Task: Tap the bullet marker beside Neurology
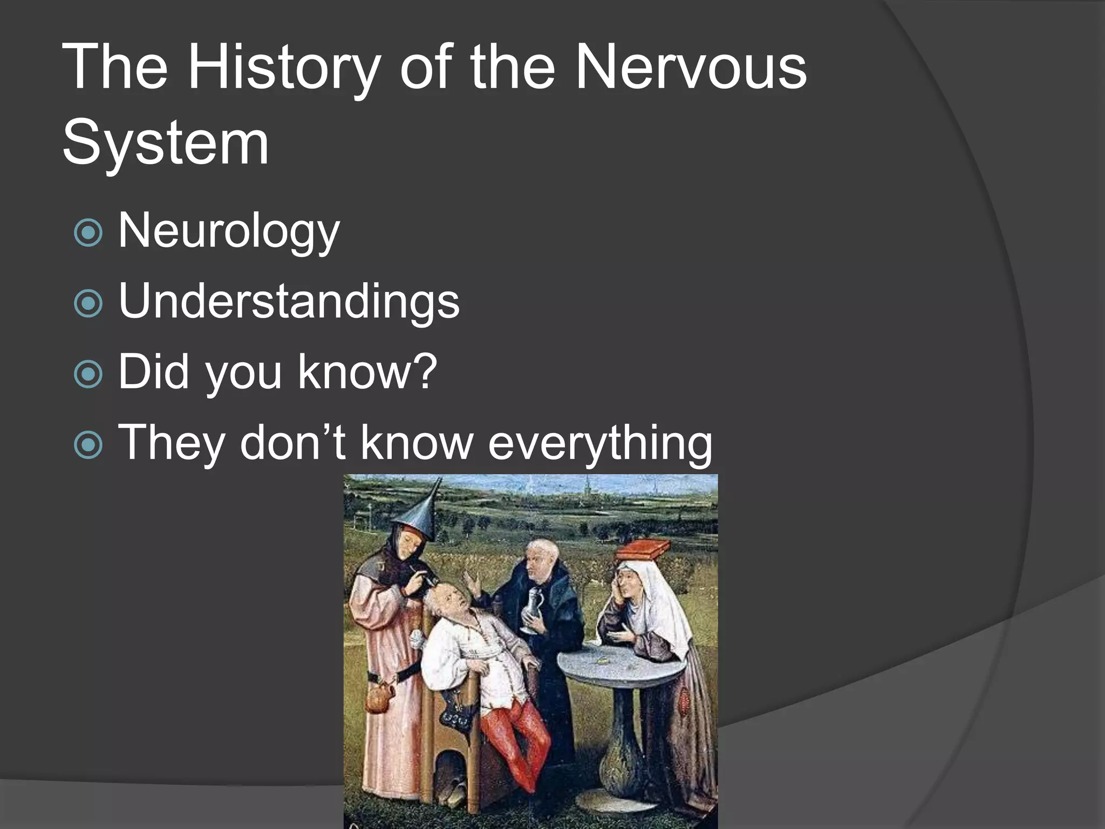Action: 88,233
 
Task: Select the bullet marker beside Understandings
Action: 88,303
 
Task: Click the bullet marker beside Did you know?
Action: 88,374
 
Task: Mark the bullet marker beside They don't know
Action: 88,445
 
